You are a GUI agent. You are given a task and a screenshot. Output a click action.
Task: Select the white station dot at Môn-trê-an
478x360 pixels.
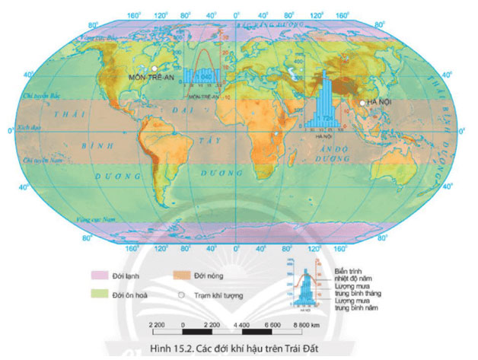[155, 68]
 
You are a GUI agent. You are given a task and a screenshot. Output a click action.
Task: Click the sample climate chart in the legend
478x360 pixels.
[304, 284]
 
